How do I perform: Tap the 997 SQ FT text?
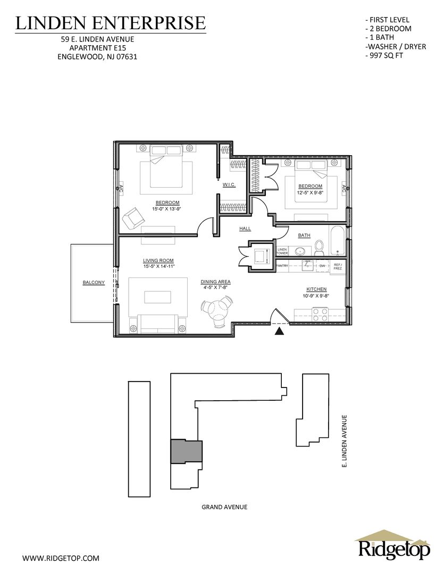pos(384,56)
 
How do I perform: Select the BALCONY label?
pos(94,283)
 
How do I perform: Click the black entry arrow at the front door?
pos(280,331)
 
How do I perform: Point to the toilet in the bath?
pos(320,248)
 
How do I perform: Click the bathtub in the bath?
pos(338,241)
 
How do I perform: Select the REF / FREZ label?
pos(338,266)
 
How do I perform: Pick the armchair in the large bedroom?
pos(132,217)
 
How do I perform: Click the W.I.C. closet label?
pos(229,185)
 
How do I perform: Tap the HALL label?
pos(245,229)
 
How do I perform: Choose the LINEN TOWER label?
pos(282,251)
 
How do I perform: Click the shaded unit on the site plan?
pos(187,451)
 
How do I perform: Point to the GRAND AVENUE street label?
pos(224,507)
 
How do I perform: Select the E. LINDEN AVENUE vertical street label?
pos(344,441)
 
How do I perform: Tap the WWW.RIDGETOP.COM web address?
pos(61,558)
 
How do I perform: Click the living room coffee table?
pos(157,297)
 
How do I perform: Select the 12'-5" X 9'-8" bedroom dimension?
pos(311,191)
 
